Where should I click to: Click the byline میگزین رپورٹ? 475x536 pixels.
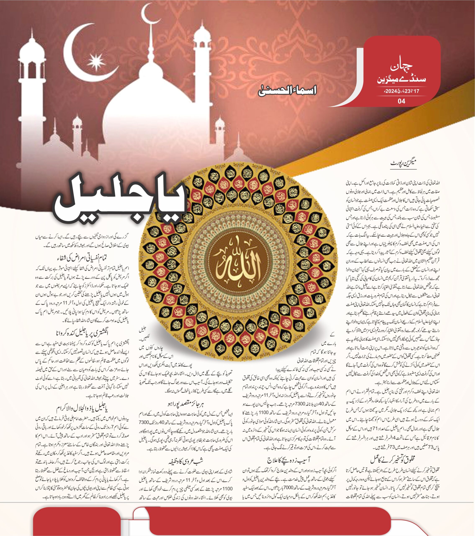click(403, 163)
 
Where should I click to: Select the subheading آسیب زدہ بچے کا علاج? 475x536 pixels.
click(288, 459)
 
